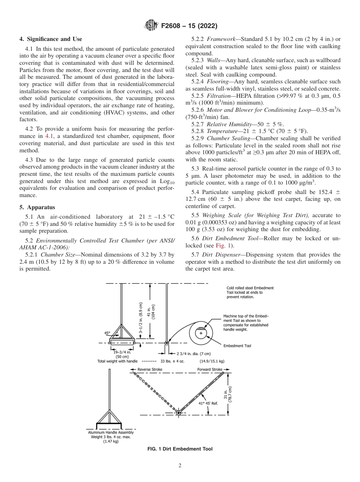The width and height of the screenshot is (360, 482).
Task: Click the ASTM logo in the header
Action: pos(152,26)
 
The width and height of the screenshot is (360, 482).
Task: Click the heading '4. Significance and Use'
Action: pos(51,39)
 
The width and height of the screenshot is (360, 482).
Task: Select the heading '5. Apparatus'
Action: pos(37,207)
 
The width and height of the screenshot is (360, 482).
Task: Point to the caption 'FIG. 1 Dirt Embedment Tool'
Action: pos(180,449)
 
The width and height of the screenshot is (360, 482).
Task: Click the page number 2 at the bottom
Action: pos(180,466)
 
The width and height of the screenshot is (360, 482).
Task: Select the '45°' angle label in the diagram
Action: pos(107,333)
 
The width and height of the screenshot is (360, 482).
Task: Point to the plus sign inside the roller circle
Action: pos(201,333)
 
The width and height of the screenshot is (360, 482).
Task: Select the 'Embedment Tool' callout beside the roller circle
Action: pos(237,346)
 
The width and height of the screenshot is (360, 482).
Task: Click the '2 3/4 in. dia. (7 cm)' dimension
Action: pos(193,354)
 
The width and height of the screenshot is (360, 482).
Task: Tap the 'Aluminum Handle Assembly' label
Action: pos(111,432)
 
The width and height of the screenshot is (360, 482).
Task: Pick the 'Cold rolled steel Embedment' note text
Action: pos(250,288)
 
